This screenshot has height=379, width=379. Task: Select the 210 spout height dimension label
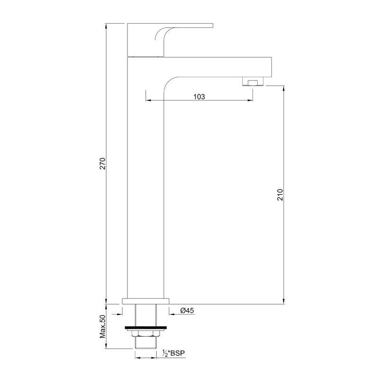[x=280, y=195]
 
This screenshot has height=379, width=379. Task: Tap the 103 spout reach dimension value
[x=199, y=96]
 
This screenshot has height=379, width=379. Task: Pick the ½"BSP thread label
[x=174, y=353]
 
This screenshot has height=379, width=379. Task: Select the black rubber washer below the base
[x=146, y=327]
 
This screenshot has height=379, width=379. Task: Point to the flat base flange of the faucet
[x=146, y=301]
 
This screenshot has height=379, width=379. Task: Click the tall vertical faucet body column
[x=146, y=189]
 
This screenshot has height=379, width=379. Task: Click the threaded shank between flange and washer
[x=146, y=314]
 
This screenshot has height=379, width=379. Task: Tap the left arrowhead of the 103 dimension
[x=147, y=100]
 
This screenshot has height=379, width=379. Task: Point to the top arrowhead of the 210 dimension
[x=283, y=88]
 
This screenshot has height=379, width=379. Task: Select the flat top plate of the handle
[x=171, y=25]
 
